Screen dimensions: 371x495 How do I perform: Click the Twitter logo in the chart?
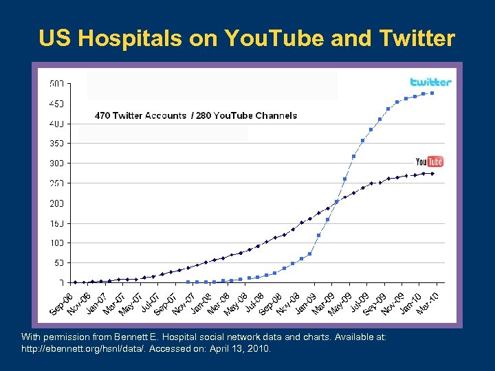tap(430, 82)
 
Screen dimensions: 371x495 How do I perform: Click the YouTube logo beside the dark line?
tap(430, 161)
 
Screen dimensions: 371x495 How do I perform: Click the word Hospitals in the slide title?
tap(124, 38)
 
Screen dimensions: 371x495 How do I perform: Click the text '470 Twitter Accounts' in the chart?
tap(140, 115)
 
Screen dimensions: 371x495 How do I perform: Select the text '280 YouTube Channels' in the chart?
tap(246, 115)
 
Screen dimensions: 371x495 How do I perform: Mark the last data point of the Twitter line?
tap(432, 93)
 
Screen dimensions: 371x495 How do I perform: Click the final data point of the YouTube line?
tap(432, 174)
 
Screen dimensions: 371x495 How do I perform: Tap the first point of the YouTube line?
tap(75, 282)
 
